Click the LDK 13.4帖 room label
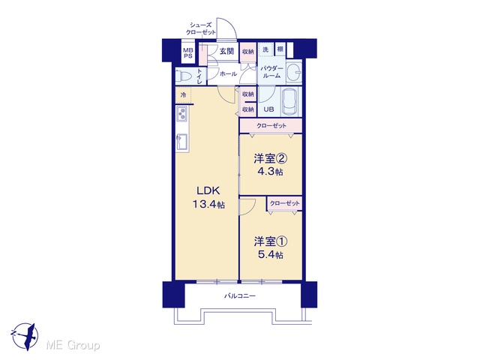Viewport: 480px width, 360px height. click(x=208, y=197)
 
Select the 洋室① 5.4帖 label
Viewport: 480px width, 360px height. click(x=270, y=248)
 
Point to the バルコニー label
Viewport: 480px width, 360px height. click(x=240, y=296)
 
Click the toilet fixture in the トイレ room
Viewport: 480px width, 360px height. click(x=184, y=75)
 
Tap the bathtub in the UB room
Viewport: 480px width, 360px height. click(x=291, y=102)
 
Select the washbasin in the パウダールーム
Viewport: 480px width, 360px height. click(x=294, y=73)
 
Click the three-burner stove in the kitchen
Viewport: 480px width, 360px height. click(x=181, y=113)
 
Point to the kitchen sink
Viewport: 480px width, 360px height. click(x=181, y=142)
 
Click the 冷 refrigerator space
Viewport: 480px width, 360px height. click(x=183, y=95)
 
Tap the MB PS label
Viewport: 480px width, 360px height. click(x=188, y=53)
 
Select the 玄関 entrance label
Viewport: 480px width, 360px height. click(x=226, y=51)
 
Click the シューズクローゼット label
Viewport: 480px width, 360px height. click(x=201, y=28)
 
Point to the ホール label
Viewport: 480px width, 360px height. click(x=228, y=73)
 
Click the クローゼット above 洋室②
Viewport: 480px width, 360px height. click(x=271, y=126)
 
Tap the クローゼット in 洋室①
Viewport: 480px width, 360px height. click(x=285, y=203)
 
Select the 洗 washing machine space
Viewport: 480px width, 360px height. click(x=265, y=49)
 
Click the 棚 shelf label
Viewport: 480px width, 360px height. click(x=280, y=49)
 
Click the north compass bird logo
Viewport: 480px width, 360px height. click(x=25, y=336)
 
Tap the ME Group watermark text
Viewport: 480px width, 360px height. click(x=73, y=346)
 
